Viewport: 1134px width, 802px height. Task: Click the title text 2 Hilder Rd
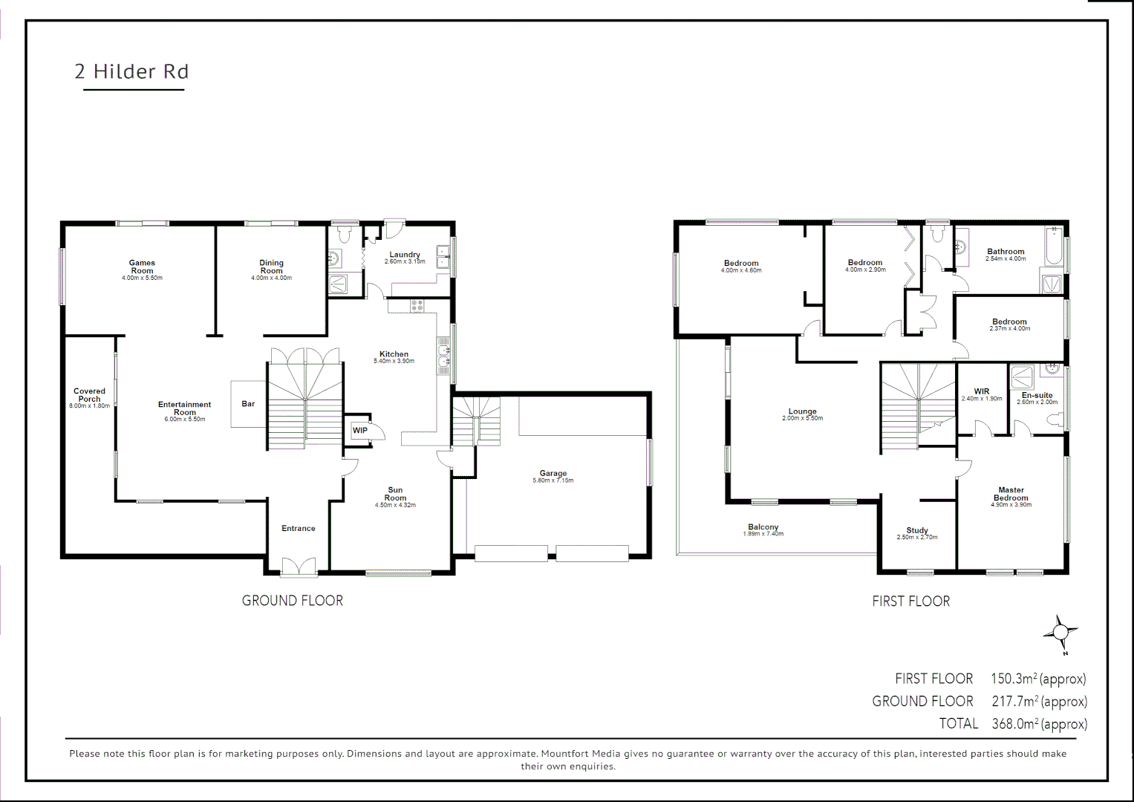coord(131,71)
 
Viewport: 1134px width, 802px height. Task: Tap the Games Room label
coord(142,267)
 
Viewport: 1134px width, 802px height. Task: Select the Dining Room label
coord(271,267)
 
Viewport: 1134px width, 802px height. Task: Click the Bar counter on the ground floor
coord(248,404)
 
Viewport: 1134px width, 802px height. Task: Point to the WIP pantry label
coord(360,431)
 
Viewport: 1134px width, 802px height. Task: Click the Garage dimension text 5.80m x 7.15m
coord(553,481)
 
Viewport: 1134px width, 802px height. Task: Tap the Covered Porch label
coord(89,395)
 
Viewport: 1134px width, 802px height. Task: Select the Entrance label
coord(298,529)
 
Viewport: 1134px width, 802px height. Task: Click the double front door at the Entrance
coord(299,567)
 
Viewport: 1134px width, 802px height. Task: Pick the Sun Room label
coord(395,494)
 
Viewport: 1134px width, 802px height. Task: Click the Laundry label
coord(405,255)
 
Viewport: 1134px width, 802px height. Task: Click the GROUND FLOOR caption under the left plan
coord(293,601)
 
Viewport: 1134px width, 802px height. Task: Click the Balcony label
coord(763,527)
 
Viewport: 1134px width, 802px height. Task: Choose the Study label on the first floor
coord(917,530)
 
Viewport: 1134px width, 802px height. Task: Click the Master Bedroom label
coord(1011,494)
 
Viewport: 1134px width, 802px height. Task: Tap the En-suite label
coord(1037,395)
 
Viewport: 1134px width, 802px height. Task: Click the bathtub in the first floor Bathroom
coord(1053,247)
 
